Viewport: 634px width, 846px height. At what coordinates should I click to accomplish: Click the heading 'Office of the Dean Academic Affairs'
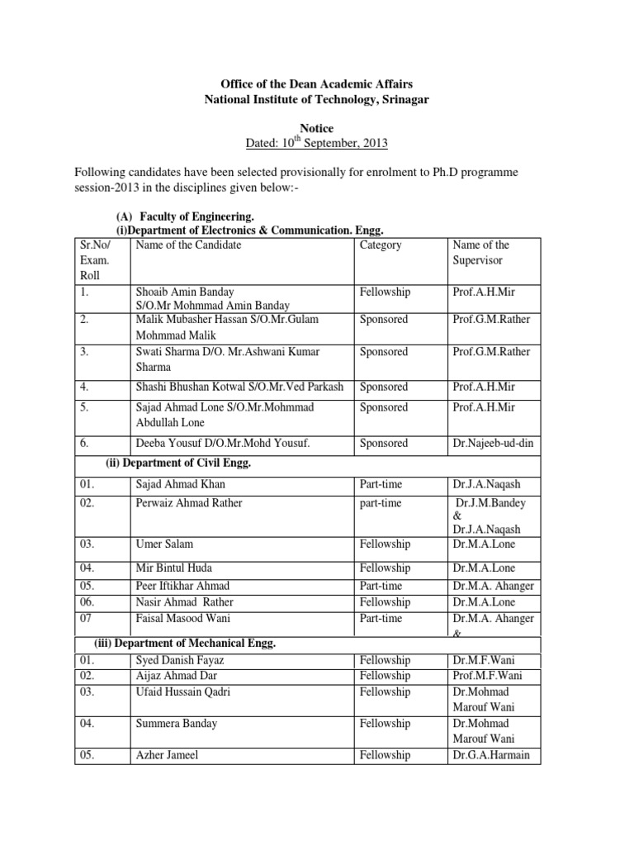tap(316, 84)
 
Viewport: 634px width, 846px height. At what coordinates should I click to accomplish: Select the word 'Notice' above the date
tap(316, 128)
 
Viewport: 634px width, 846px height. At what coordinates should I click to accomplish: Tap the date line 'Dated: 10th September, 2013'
tap(317, 143)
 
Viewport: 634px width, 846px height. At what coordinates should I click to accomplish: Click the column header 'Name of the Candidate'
tap(188, 245)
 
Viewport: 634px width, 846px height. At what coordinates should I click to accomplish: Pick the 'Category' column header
tap(381, 245)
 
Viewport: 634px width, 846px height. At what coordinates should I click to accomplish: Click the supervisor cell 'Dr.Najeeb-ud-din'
tap(493, 443)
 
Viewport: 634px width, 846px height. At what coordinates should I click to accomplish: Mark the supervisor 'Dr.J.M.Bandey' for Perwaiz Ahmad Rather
tap(494, 502)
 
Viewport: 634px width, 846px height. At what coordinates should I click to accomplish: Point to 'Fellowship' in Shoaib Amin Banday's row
tap(385, 292)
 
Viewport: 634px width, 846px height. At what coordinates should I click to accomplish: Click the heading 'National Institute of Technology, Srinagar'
tap(316, 99)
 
